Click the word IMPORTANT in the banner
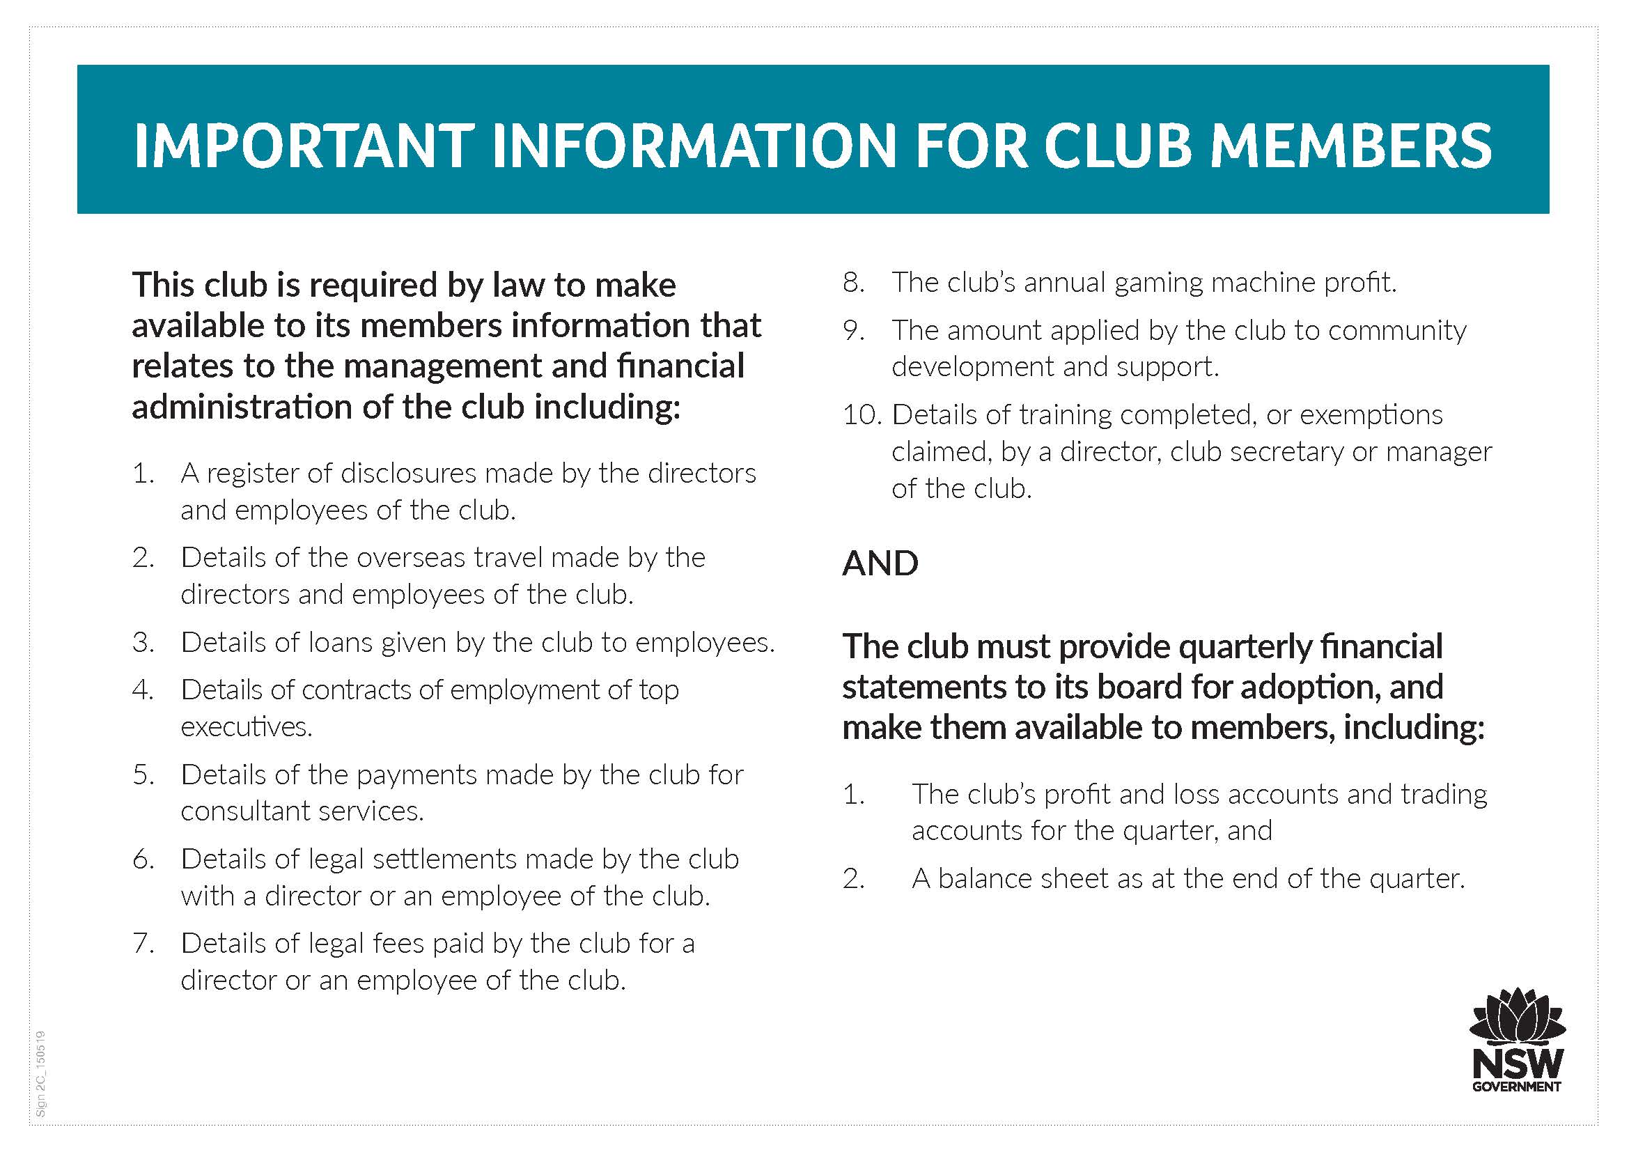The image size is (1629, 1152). pos(304,146)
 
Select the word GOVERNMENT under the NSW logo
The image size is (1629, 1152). pos(1517,1087)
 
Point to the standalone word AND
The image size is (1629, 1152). pos(880,564)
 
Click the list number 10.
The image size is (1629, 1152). pos(862,415)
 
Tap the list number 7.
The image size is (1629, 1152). pos(143,944)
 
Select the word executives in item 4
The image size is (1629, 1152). pos(245,727)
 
